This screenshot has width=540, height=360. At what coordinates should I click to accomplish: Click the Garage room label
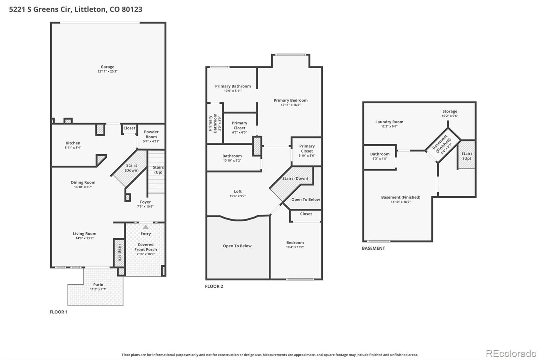point(107,67)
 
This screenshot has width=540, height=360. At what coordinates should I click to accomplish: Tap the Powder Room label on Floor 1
point(151,134)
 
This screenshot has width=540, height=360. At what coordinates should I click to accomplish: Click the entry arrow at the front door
point(145,227)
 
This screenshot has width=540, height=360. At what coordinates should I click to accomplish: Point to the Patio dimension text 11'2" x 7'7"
point(98,289)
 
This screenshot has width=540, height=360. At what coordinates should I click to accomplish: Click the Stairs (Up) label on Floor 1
point(158,170)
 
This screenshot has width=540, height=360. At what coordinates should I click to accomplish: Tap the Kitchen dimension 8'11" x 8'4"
point(73,148)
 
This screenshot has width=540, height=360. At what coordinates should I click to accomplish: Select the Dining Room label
point(83,182)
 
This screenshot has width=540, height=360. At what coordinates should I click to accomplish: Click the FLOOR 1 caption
point(58,312)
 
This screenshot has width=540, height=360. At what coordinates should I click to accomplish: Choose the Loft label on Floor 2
point(238,191)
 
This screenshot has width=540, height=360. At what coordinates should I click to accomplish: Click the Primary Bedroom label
point(290,100)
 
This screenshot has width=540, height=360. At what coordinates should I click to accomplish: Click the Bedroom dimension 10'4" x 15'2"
point(295,247)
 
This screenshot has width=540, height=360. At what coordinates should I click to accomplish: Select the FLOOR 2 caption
point(214,286)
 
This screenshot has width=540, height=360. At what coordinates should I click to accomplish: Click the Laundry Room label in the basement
point(389,122)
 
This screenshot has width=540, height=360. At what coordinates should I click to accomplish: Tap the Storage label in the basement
point(450,111)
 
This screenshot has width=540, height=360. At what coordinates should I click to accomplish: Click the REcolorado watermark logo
point(511,354)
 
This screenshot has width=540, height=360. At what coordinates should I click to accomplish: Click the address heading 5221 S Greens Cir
point(76,9)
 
